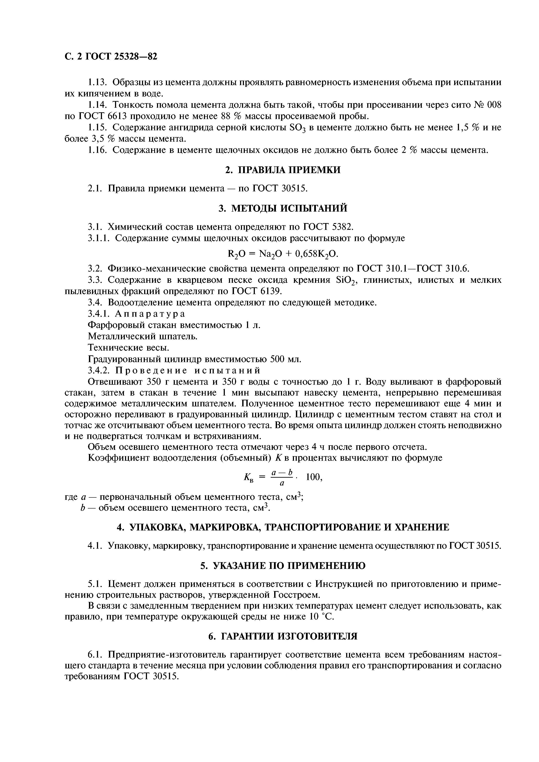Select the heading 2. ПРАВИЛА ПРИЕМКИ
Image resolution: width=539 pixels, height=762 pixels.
click(283, 170)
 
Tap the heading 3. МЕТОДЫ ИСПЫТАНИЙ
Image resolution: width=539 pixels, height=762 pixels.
click(283, 208)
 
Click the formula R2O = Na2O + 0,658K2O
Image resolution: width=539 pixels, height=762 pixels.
click(283, 254)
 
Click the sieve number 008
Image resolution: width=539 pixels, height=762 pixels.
click(494, 105)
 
